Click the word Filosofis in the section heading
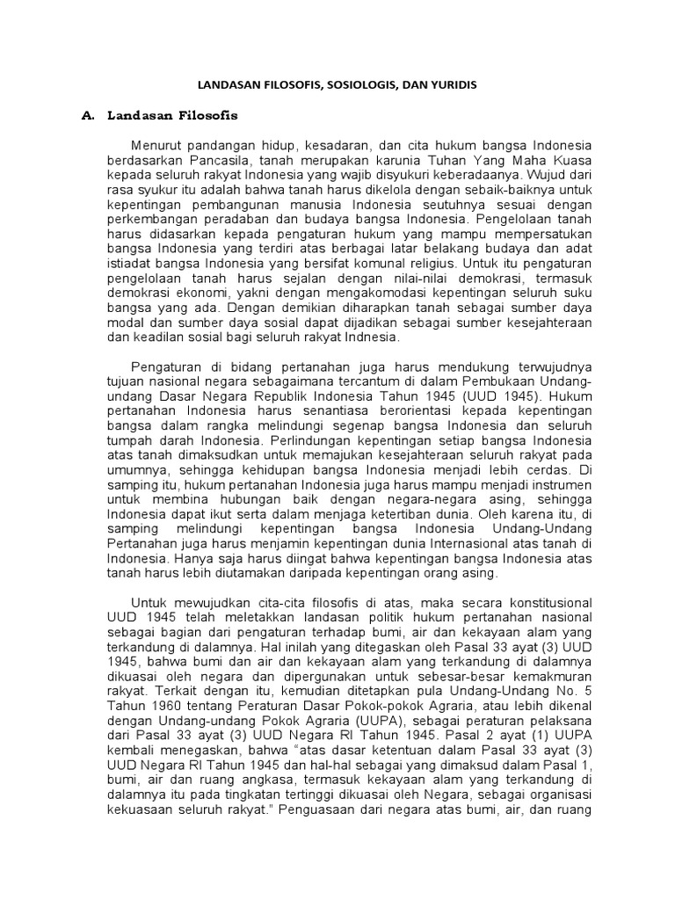click(209, 115)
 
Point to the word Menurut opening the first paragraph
click(157, 145)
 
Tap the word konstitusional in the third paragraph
click(549, 602)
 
